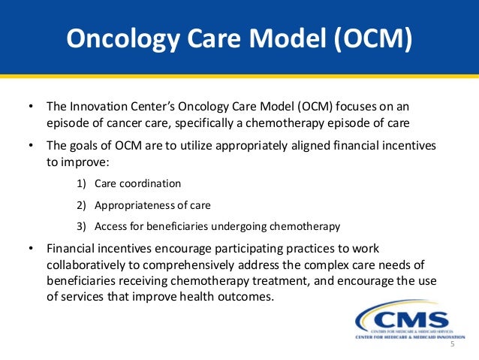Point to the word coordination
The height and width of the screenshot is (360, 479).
pyautogui.click(x=149, y=183)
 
